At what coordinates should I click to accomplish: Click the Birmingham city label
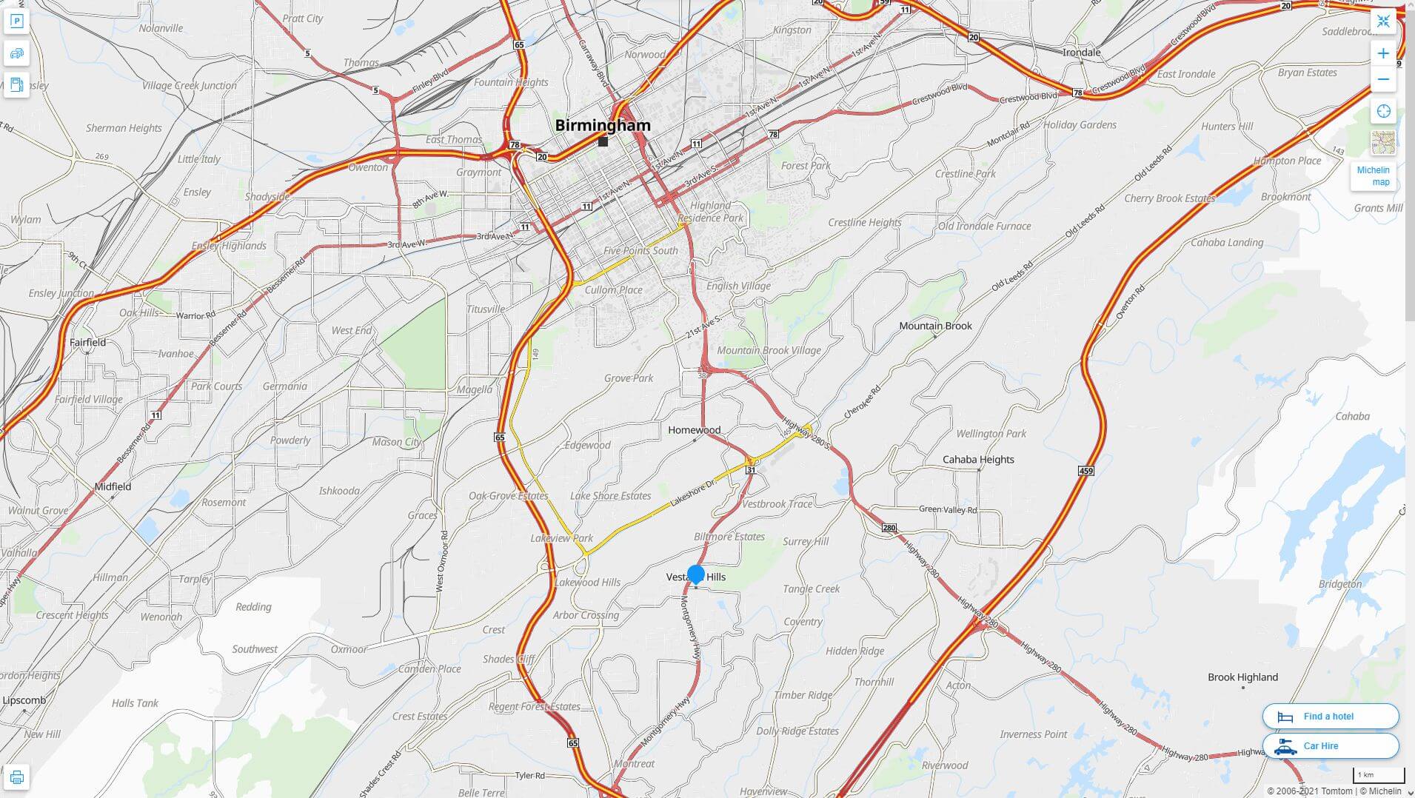[x=603, y=125]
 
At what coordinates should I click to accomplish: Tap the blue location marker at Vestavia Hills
[x=695, y=574]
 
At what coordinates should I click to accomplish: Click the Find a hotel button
[x=1330, y=717]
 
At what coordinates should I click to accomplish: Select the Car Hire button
[x=1330, y=746]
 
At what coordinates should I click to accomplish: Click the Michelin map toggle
[x=1373, y=176]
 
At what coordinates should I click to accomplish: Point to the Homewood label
[x=694, y=430]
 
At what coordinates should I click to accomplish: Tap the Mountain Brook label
[x=935, y=326]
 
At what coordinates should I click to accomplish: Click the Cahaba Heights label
[x=978, y=460]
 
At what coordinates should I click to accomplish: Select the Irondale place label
[x=1081, y=53]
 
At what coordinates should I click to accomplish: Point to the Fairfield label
[x=87, y=343]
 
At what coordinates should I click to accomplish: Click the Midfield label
[x=113, y=486]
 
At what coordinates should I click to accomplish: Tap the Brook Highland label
[x=1242, y=677]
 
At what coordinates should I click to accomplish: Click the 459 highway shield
[x=1086, y=471]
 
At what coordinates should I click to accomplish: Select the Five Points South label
[x=640, y=251]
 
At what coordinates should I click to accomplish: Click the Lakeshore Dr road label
[x=693, y=493]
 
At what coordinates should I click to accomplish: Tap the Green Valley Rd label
[x=948, y=509]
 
